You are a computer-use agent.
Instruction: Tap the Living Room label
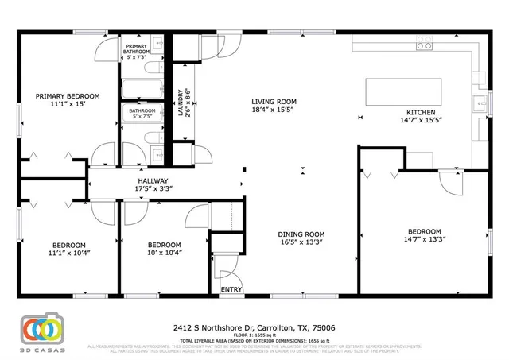point(274,106)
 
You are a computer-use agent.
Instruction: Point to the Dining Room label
point(301,239)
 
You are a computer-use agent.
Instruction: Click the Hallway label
point(154,184)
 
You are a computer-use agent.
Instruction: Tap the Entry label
point(231,289)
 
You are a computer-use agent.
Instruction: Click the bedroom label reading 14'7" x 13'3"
point(423,235)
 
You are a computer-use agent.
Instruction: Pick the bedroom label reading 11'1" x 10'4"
point(70,249)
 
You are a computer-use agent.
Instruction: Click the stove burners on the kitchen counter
point(424,45)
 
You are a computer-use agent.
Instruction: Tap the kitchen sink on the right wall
point(482,103)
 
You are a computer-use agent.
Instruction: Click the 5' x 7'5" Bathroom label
point(138,114)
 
